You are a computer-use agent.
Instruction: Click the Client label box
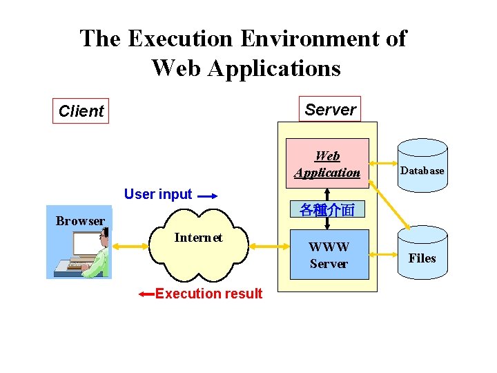click(x=81, y=111)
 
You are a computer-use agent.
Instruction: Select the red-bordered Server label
click(x=330, y=109)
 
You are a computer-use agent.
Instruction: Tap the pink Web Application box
click(x=327, y=164)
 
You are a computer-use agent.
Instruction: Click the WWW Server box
click(x=329, y=255)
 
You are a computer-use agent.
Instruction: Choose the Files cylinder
click(x=422, y=254)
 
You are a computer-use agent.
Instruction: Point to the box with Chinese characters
click(x=327, y=210)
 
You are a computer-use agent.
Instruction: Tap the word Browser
click(x=80, y=221)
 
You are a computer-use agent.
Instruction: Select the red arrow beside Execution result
click(x=146, y=294)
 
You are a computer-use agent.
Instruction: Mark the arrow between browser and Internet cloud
click(x=132, y=245)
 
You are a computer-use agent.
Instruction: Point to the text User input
click(x=158, y=194)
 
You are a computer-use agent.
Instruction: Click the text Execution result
click(x=208, y=294)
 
